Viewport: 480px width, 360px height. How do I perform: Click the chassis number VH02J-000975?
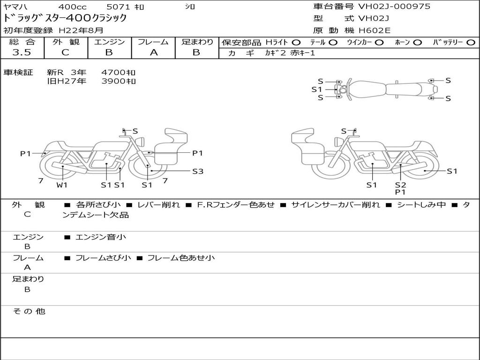394,6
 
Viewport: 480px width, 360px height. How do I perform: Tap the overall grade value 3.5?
22,52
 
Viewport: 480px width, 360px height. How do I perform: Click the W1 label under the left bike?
62,185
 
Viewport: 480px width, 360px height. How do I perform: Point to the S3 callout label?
198,172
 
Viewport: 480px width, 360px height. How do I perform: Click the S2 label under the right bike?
400,185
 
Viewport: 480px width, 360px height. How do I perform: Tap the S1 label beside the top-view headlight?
317,90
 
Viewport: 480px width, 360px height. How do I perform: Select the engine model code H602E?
375,30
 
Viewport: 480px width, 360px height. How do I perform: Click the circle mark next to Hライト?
296,43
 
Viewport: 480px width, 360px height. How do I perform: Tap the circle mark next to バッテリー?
471,43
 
